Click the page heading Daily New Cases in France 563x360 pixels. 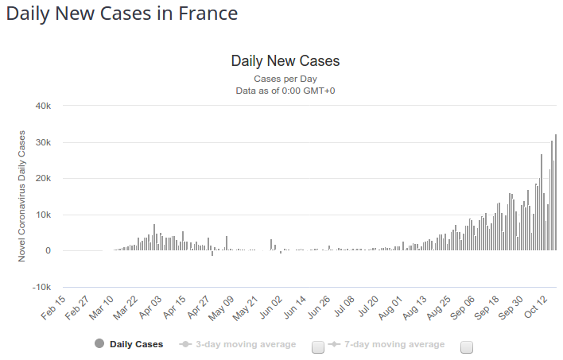(x=122, y=14)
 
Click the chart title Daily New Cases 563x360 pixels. (x=285, y=61)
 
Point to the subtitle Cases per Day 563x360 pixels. (x=285, y=79)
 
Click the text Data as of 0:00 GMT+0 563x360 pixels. (x=285, y=91)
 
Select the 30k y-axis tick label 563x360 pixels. (x=43, y=143)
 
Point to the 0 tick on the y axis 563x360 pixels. (x=49, y=251)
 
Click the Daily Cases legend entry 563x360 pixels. (x=136, y=344)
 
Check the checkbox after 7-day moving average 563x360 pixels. (x=467, y=346)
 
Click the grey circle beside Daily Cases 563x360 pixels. (x=99, y=344)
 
